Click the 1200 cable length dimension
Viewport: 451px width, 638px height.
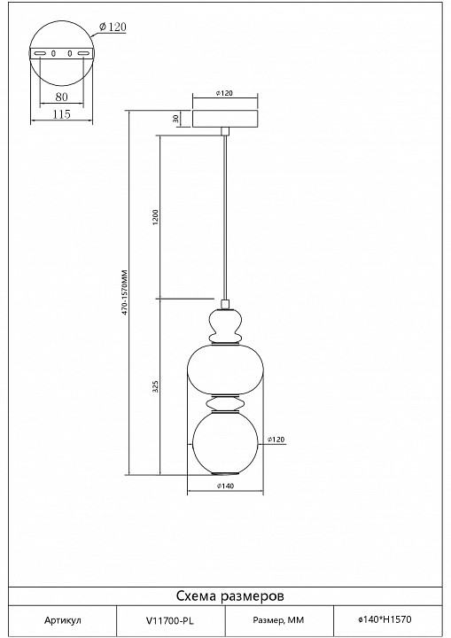click(x=155, y=218)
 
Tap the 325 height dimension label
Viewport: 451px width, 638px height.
click(x=155, y=386)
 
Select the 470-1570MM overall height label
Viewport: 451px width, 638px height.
click(x=125, y=292)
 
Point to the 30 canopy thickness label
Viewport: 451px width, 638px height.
click(x=175, y=119)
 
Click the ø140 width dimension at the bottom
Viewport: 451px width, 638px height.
click(x=225, y=486)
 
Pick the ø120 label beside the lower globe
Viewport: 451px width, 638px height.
click(x=276, y=440)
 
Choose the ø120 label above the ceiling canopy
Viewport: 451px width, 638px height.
click(x=224, y=93)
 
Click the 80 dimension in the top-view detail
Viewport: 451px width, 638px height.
click(x=61, y=97)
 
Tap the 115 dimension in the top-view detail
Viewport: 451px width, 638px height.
click(x=61, y=114)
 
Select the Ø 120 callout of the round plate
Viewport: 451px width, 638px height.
click(x=113, y=27)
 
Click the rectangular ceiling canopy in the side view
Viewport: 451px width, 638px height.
click(x=225, y=119)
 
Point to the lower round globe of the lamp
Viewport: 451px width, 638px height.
click(x=225, y=443)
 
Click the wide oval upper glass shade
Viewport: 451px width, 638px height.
click(x=225, y=370)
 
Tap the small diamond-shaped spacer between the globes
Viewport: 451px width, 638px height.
click(x=225, y=403)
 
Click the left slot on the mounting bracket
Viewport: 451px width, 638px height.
click(x=40, y=54)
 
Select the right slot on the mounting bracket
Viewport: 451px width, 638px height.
click(x=83, y=54)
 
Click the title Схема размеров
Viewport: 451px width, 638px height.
click(x=230, y=596)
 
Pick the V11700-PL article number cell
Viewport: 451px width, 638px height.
click(x=170, y=620)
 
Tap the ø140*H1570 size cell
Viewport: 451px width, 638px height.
click(x=385, y=619)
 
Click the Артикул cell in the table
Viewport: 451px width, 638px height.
click(x=63, y=621)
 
